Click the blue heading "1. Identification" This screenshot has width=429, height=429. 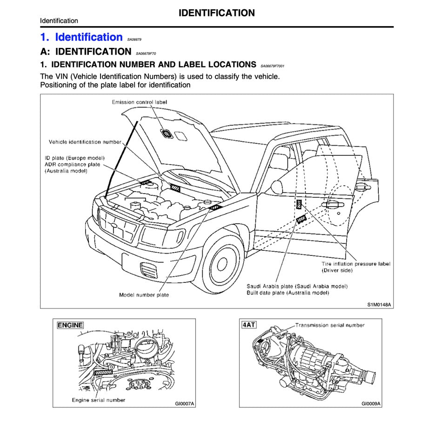(x=81, y=37)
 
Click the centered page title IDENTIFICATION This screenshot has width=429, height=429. (x=216, y=13)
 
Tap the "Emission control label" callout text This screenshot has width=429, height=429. (x=139, y=102)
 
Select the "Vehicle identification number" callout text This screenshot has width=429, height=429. (x=85, y=142)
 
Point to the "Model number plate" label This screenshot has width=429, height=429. (x=144, y=295)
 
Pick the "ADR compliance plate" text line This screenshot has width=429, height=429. (x=72, y=164)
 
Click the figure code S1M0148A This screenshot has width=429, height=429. (x=379, y=305)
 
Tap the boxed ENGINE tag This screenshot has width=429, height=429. (x=70, y=325)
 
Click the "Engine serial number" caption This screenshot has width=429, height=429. (x=98, y=400)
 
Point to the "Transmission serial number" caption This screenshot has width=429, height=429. (x=330, y=325)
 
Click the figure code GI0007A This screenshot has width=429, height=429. (x=185, y=403)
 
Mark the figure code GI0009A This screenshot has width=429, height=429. (x=371, y=403)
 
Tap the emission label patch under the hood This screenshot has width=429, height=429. (x=166, y=134)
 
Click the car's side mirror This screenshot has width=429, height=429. (x=276, y=187)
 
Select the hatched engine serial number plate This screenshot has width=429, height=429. (x=103, y=372)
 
